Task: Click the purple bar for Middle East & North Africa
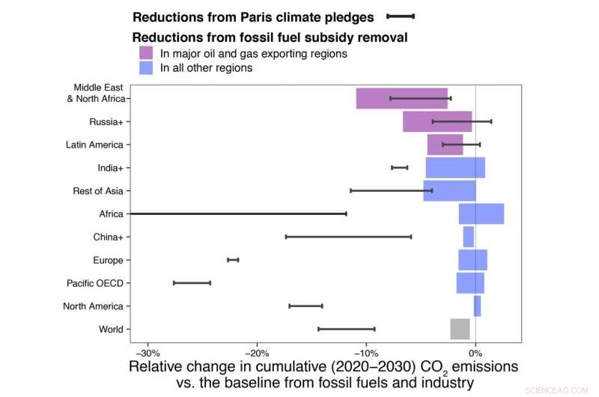pyautogui.click(x=402, y=98)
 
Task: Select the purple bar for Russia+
pyautogui.click(x=437, y=121)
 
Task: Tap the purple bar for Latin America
pyautogui.click(x=445, y=145)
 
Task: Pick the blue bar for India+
pyautogui.click(x=455, y=168)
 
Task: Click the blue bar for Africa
pyautogui.click(x=481, y=213)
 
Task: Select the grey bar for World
pyautogui.click(x=460, y=329)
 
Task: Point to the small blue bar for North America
pyautogui.click(x=477, y=306)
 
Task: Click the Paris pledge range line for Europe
pyautogui.click(x=233, y=260)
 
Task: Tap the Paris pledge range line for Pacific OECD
pyautogui.click(x=192, y=283)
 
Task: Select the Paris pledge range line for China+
pyautogui.click(x=348, y=237)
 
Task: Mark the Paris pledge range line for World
pyautogui.click(x=346, y=329)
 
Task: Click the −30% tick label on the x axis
pyautogui.click(x=148, y=353)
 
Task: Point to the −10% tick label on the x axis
pyautogui.click(x=366, y=353)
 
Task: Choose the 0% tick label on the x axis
pyautogui.click(x=475, y=353)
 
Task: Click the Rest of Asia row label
pyautogui.click(x=97, y=191)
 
